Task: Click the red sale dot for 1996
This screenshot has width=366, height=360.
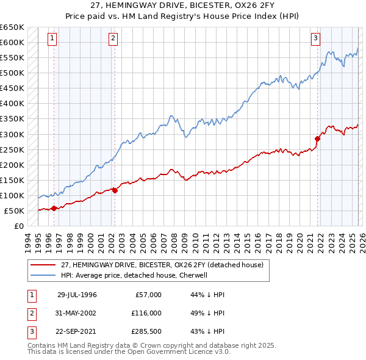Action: pos(54,208)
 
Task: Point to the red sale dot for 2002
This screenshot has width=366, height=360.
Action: pos(115,190)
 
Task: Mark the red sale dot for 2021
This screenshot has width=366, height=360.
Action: pos(317,139)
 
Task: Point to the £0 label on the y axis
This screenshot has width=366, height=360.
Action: pos(20,226)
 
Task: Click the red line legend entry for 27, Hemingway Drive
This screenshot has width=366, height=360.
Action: pos(162,265)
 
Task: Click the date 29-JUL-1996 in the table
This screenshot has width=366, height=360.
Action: pos(77,295)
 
